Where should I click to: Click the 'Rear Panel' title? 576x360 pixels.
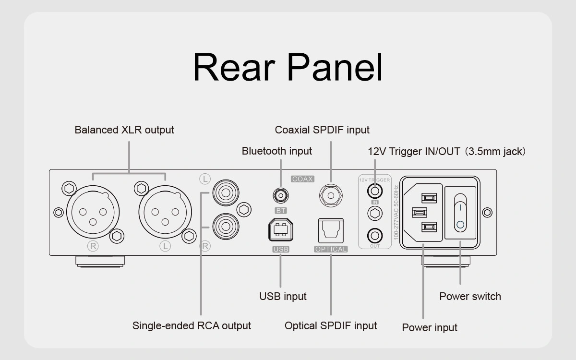pyautogui.click(x=288, y=67)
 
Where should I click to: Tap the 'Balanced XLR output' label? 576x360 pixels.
pyautogui.click(x=124, y=130)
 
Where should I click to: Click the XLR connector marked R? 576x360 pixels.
pyautogui.click(x=93, y=212)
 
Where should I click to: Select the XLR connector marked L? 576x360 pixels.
pyautogui.click(x=165, y=212)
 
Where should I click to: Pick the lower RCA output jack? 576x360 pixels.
pyautogui.click(x=226, y=226)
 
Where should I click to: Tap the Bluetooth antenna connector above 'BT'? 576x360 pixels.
pyautogui.click(x=281, y=195)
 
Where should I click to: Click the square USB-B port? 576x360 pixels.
pyautogui.click(x=281, y=230)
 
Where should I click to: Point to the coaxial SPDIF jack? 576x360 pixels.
pyautogui.click(x=331, y=195)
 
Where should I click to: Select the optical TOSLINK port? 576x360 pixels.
pyautogui.click(x=331, y=230)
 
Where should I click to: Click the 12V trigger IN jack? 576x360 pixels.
pyautogui.click(x=375, y=191)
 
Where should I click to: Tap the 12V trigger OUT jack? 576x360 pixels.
pyautogui.click(x=375, y=236)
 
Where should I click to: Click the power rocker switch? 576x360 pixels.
pyautogui.click(x=460, y=212)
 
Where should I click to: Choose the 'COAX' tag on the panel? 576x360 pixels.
pyautogui.click(x=302, y=179)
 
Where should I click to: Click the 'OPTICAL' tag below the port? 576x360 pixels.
pyautogui.click(x=331, y=249)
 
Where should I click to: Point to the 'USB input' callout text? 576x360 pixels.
pyautogui.click(x=283, y=297)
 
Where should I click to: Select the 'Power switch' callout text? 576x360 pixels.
pyautogui.click(x=470, y=297)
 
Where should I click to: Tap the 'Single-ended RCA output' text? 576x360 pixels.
pyautogui.click(x=192, y=326)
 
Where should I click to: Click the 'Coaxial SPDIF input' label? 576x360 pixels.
pyautogui.click(x=322, y=130)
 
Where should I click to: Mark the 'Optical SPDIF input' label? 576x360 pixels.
pyautogui.click(x=331, y=326)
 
